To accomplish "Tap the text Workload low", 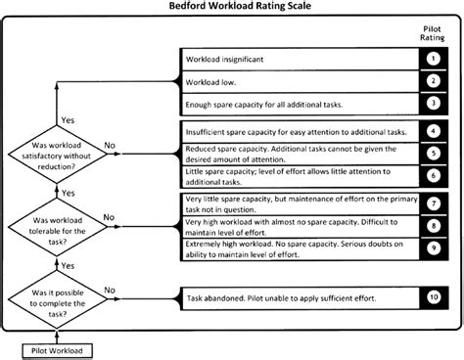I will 209,81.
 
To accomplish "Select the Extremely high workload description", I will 289,248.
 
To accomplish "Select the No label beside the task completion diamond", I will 111,290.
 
